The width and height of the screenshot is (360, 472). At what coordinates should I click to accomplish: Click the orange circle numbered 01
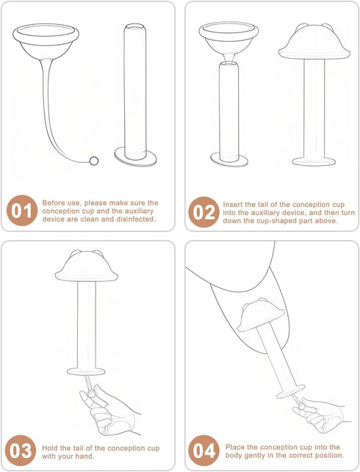[x=22, y=211]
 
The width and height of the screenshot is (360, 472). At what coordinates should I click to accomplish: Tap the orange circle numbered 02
[x=204, y=211]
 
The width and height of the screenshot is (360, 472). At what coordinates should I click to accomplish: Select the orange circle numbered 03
[x=21, y=450]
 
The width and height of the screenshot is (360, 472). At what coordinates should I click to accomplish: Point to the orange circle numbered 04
[x=204, y=450]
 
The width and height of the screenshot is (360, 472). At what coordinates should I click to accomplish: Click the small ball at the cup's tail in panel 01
[x=94, y=161]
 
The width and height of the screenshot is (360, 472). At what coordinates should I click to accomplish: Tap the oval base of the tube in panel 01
[x=135, y=156]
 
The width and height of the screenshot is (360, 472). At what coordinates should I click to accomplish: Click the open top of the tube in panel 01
[x=135, y=27]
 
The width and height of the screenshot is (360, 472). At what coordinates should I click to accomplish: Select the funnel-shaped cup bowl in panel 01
[x=46, y=42]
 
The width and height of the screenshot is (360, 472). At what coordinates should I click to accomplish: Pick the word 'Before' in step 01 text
[x=53, y=203]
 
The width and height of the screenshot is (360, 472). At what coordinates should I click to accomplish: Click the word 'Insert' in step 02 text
[x=233, y=204]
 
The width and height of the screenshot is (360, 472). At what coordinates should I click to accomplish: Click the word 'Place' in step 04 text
[x=235, y=447]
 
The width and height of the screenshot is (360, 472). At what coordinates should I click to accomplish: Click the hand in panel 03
[x=109, y=410]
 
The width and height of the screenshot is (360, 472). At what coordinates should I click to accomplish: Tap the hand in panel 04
[x=320, y=415]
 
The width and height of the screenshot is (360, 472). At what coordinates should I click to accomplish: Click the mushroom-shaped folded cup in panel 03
[x=87, y=266]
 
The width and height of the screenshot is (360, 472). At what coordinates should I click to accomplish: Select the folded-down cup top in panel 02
[x=314, y=42]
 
